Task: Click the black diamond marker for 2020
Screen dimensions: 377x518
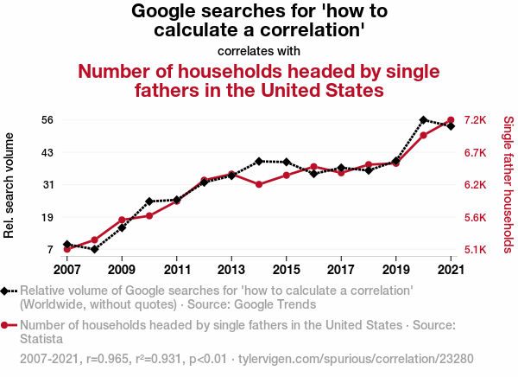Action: tap(423, 120)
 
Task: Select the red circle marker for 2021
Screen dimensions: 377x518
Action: tap(451, 120)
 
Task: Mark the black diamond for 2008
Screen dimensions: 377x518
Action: tap(94, 249)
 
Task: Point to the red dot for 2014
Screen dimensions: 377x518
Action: tap(259, 184)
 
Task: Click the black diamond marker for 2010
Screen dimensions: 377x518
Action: tap(149, 201)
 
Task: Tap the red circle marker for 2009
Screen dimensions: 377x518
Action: tap(122, 220)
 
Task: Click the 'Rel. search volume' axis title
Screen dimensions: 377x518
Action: tap(10, 185)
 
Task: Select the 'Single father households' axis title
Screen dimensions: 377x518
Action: tap(507, 185)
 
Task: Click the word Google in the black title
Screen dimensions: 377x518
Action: tap(172, 11)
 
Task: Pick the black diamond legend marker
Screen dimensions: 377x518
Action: tap(6, 291)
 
